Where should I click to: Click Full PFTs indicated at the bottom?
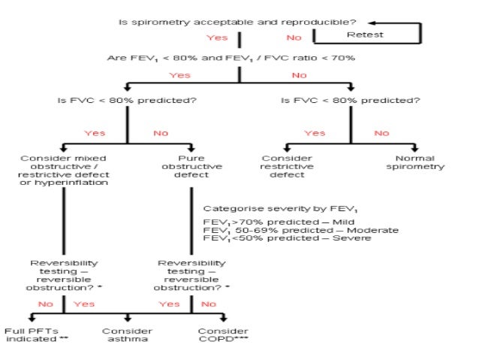(x=31, y=335)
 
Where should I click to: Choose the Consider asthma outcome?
(x=127, y=335)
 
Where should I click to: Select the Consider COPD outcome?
(x=223, y=335)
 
